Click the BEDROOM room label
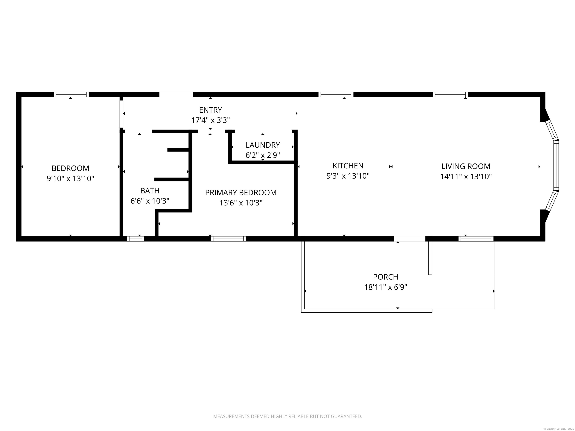pyautogui.click(x=70, y=168)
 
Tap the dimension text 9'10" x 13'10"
pyautogui.click(x=70, y=178)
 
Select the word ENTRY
pyautogui.click(x=210, y=110)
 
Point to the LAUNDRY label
pyautogui.click(x=263, y=145)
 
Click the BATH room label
pyautogui.click(x=150, y=191)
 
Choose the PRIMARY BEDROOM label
pyautogui.click(x=241, y=192)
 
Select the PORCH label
pyautogui.click(x=386, y=277)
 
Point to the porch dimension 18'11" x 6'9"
pyautogui.click(x=386, y=287)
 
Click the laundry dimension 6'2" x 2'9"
pyautogui.click(x=263, y=155)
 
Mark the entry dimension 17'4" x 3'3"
pyautogui.click(x=210, y=120)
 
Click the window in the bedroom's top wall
pyautogui.click(x=71, y=95)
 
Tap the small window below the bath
pyautogui.click(x=136, y=239)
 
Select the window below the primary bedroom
pyautogui.click(x=228, y=239)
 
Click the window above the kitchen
pyautogui.click(x=336, y=95)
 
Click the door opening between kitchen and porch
pyautogui.click(x=410, y=239)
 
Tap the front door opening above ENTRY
pyautogui.click(x=176, y=95)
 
